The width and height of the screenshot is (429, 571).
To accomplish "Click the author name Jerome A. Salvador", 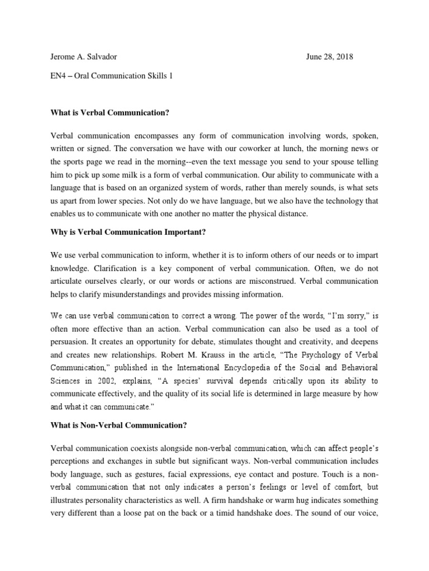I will (84, 57).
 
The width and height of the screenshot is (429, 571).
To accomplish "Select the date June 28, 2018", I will (330, 57).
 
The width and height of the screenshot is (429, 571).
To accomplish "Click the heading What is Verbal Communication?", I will (109, 113).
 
